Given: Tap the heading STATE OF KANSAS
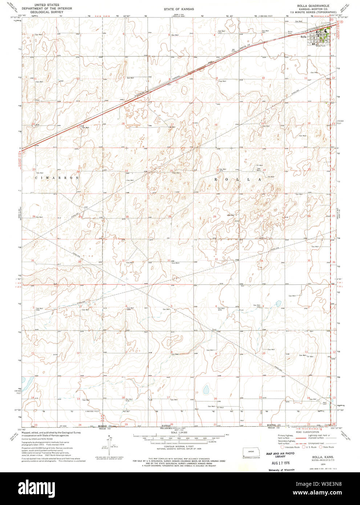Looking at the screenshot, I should (179, 9).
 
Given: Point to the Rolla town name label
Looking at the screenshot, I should (303, 37).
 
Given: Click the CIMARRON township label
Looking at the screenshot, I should (57, 178).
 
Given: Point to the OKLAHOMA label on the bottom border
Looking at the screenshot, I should (170, 428).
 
